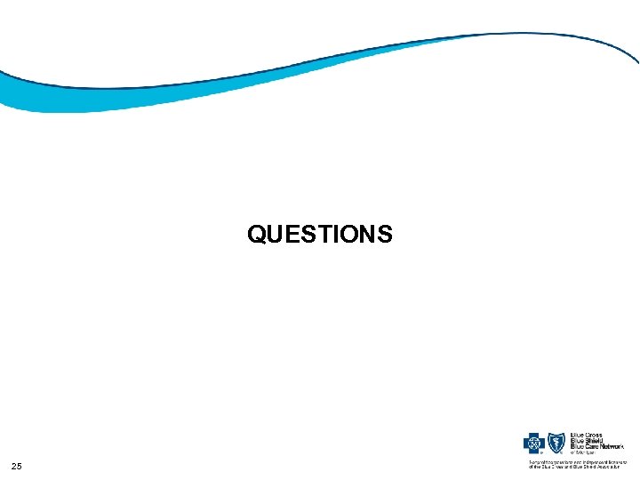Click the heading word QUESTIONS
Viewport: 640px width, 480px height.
click(320, 234)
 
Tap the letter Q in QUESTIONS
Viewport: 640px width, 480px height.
click(257, 234)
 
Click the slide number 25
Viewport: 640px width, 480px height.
click(17, 467)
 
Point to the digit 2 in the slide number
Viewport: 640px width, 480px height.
click(14, 467)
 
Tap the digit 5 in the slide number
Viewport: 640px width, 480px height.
click(20, 467)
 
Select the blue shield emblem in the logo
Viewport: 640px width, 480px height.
click(556, 443)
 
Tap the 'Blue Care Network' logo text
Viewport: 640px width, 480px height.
click(596, 446)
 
